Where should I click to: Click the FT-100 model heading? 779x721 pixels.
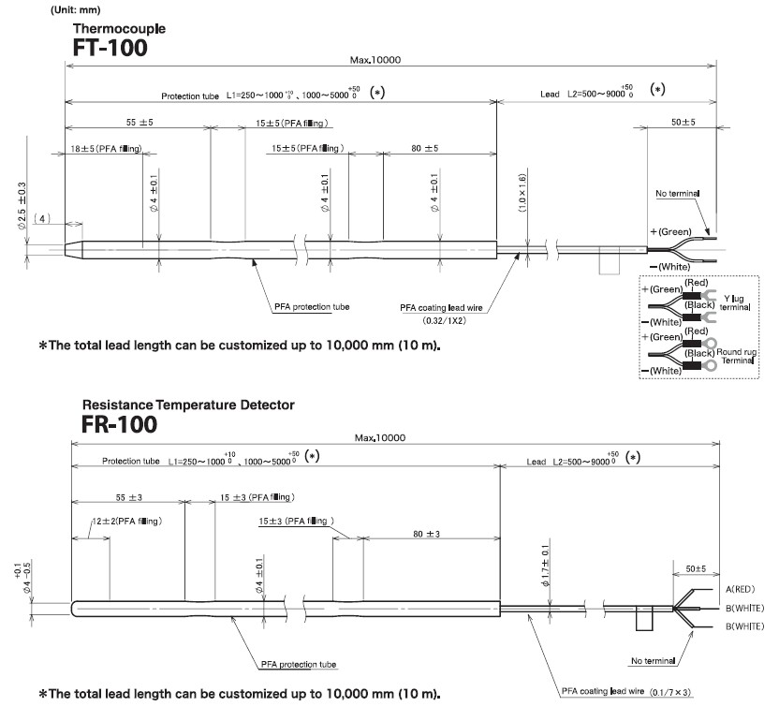110,48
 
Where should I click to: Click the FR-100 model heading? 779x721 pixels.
119,424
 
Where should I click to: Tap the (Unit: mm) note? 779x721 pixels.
76,10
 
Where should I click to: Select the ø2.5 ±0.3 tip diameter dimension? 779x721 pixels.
22,205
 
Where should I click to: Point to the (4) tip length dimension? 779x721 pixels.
42,218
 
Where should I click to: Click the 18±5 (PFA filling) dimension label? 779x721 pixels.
106,149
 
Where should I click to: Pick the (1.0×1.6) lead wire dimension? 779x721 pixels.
522,193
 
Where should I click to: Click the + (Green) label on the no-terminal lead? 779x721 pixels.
670,232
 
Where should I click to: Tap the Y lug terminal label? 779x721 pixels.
735,302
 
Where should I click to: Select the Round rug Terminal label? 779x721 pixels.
737,356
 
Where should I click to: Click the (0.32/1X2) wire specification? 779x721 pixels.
444,320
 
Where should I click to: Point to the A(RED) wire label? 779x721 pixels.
741,589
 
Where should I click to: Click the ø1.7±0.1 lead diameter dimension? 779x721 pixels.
546,566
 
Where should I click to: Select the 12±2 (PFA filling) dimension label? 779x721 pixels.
127,522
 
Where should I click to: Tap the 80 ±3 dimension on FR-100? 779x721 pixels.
426,534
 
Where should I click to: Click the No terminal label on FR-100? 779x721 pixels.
653,661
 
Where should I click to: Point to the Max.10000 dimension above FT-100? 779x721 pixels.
375,60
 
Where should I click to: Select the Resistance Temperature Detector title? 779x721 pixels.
188,405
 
